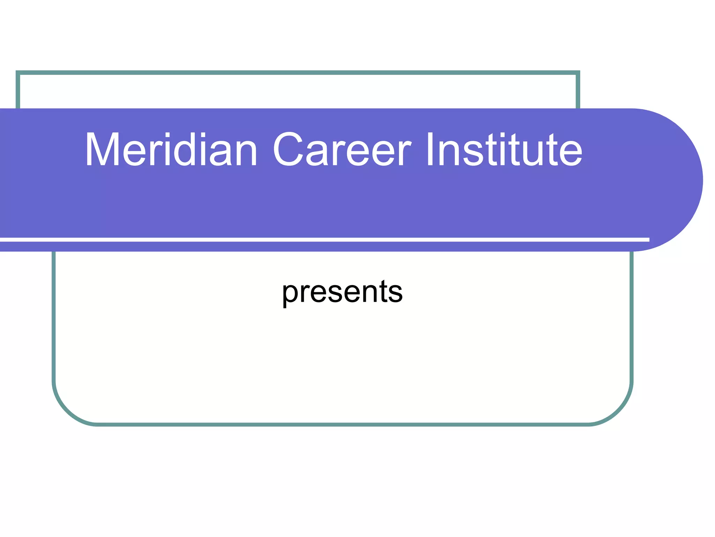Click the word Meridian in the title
[171, 150]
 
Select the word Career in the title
[342, 150]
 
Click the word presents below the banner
[342, 292]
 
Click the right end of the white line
[648, 239]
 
